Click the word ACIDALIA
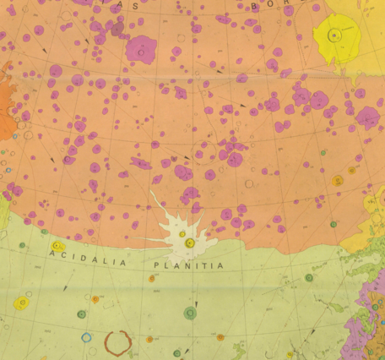(x=88, y=259)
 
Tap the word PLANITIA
(x=189, y=265)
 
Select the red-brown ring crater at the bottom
(x=117, y=341)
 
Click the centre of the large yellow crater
(x=336, y=35)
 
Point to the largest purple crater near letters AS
(x=141, y=48)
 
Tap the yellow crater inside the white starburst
(x=190, y=243)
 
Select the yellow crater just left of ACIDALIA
(x=57, y=246)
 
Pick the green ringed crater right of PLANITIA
(x=309, y=277)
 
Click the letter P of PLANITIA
(x=157, y=264)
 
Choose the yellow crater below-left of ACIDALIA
(x=21, y=303)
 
